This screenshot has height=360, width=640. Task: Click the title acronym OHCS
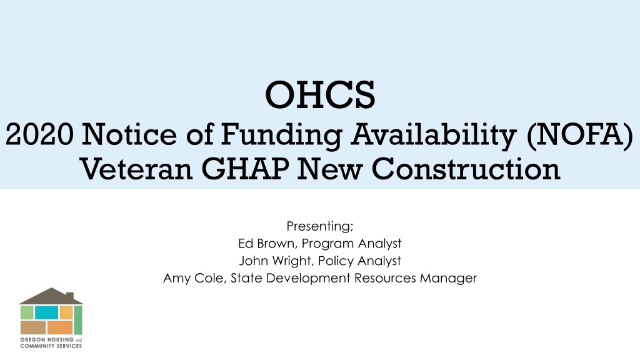coord(320,95)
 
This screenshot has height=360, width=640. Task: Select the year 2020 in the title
coord(39,134)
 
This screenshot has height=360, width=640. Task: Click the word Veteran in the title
coord(136,169)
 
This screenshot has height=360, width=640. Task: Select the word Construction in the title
coord(466,169)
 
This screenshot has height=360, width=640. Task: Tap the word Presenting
coord(320,226)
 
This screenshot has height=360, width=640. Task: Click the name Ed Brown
coord(266,243)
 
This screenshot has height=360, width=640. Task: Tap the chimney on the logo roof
coord(70,296)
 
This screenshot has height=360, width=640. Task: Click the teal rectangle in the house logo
coord(46,312)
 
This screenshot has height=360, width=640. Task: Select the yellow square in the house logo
coord(66,312)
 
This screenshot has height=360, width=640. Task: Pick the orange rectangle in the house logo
coord(60,327)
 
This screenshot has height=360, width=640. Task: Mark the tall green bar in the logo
coord(78,320)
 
